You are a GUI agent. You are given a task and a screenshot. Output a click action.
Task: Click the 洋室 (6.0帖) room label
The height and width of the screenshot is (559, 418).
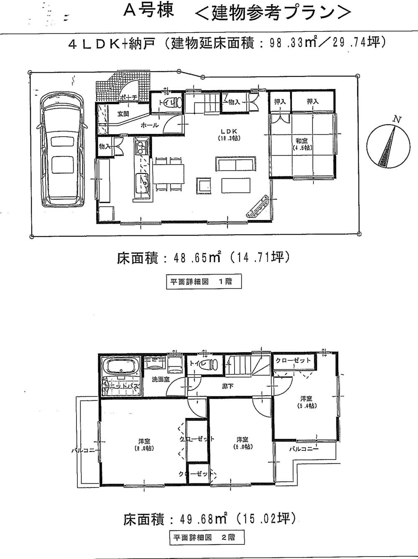tap(242, 443)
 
